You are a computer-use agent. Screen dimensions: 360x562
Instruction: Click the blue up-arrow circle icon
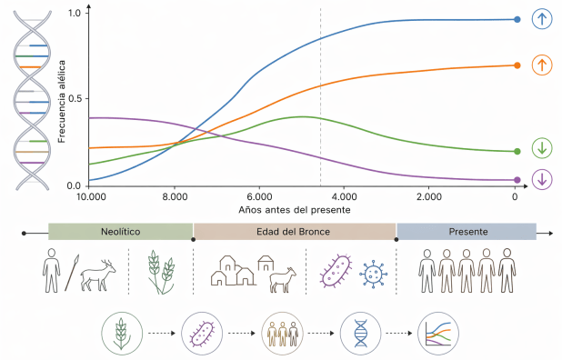coord(542,19)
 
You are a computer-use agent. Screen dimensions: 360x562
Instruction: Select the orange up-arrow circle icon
coord(542,65)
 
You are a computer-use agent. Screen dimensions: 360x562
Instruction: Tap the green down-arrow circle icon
coord(542,149)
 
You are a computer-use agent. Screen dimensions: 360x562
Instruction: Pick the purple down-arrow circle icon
coord(542,179)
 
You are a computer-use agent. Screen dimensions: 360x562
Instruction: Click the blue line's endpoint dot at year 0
coord(517,19)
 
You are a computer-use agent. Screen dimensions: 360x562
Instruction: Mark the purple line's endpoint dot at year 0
coord(517,180)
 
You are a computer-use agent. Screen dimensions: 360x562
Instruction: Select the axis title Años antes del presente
coord(295,209)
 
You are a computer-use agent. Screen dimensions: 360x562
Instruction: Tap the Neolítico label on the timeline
coord(120,233)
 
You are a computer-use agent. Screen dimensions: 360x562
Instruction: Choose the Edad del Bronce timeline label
coord(295,233)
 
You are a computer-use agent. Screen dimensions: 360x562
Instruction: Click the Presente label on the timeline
coord(467,233)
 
